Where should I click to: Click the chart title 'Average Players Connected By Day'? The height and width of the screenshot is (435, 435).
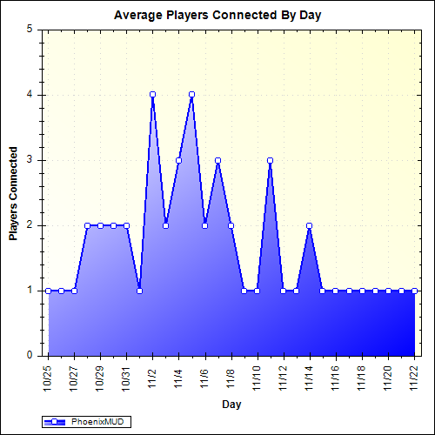(x=217, y=16)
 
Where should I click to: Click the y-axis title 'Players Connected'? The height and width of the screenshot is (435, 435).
(x=13, y=192)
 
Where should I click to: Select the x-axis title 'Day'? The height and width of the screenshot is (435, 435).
(x=231, y=405)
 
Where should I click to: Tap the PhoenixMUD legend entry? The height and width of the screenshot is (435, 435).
(x=87, y=421)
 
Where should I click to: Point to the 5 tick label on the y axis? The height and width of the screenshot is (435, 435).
(x=30, y=29)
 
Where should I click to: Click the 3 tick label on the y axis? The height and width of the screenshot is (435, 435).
(x=30, y=160)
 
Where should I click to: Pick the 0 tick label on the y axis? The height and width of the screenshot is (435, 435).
(x=30, y=355)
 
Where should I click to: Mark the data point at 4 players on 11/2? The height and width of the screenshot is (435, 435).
(x=152, y=94)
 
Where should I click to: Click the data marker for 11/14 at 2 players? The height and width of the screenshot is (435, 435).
(x=309, y=225)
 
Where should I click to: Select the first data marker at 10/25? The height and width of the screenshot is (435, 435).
(x=48, y=291)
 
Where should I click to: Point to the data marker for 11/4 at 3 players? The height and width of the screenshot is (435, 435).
(x=178, y=160)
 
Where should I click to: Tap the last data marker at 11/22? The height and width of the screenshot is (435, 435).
(x=414, y=291)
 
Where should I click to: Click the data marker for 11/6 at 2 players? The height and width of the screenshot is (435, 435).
(x=204, y=225)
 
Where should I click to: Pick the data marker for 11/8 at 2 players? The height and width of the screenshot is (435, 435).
(x=231, y=225)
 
